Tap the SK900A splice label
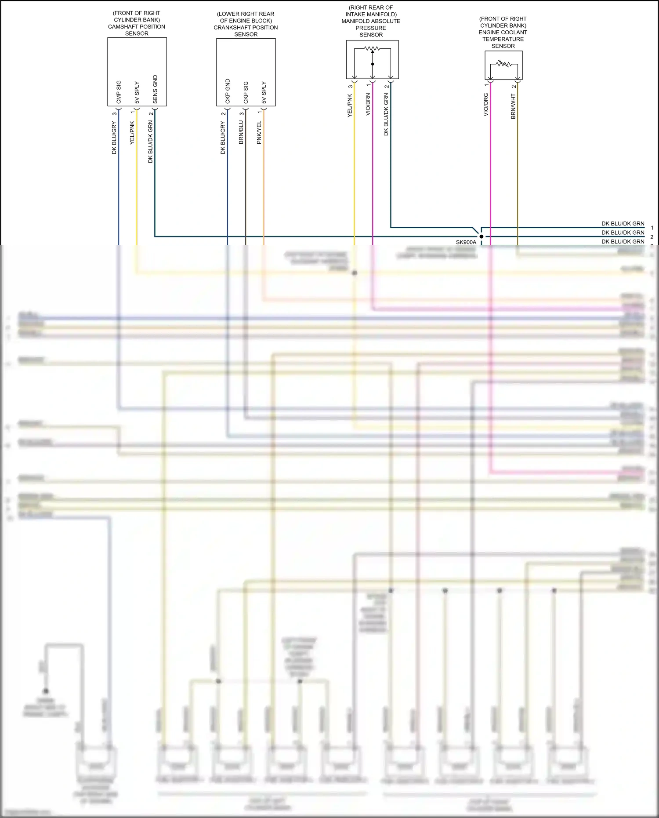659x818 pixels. pos(466,242)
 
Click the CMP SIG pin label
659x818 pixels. pos(119,92)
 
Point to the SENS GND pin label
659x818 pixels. pos(155,90)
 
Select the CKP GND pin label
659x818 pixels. pos(228,91)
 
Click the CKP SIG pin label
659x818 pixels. pos(246,93)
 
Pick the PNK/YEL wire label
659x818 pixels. pos(259,132)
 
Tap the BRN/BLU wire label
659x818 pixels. pos(241,132)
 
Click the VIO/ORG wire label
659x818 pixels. pos(486,105)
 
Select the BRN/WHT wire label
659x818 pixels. pos(513,106)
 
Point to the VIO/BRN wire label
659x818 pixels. pos(368,105)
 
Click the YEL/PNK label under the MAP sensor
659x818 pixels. pos(350,105)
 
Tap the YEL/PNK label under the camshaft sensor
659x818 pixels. pos(132,133)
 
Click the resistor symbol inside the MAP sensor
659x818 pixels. pos(372,48)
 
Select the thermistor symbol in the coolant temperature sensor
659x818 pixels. pos(503,64)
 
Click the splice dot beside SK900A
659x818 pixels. pos(481,236)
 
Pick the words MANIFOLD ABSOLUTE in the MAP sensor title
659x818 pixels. pos(371,21)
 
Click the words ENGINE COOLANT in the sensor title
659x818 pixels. pos(503,33)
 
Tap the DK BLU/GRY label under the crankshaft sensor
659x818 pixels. pos(223,138)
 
